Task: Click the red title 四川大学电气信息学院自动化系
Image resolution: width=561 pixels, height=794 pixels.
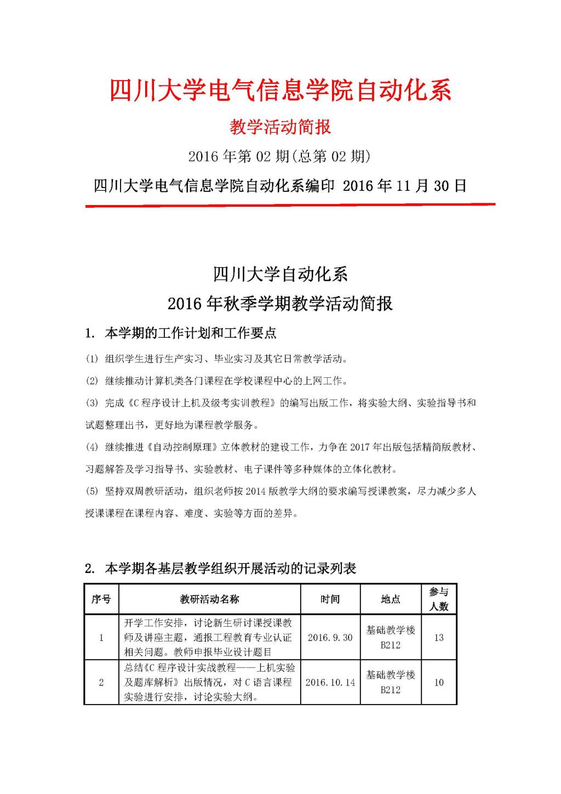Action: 280,90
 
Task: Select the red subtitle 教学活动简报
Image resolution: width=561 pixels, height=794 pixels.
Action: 280,127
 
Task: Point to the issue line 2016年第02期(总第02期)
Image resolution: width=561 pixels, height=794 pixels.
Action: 279,157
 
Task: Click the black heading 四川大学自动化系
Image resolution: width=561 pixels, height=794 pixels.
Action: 280,274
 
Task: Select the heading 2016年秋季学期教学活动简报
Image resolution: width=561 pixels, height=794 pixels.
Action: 280,303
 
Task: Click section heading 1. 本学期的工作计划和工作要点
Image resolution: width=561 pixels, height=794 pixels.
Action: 181,333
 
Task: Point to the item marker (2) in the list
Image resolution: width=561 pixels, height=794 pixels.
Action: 91,381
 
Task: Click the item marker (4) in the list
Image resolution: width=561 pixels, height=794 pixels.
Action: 91,447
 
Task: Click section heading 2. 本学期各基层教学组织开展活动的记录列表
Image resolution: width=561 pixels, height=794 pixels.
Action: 221,569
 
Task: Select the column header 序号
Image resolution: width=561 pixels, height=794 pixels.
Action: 101,599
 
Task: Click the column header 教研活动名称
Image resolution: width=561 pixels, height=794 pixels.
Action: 209,599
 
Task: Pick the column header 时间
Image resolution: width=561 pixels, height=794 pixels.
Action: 330,599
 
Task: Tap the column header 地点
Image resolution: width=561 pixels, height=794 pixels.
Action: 390,599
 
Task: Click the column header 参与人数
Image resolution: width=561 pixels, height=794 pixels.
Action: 438,599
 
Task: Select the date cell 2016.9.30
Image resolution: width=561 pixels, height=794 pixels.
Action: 330,638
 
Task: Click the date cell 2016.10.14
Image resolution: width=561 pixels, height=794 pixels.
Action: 330,683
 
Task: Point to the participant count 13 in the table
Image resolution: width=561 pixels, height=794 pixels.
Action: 438,638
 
